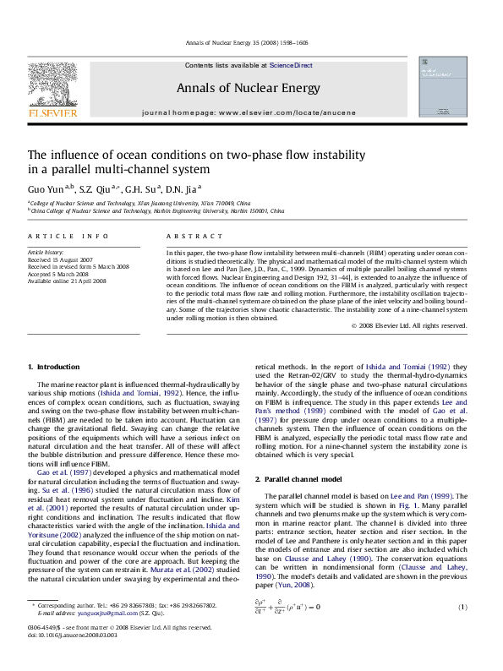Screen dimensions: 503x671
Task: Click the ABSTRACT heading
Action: tap(184, 235)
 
